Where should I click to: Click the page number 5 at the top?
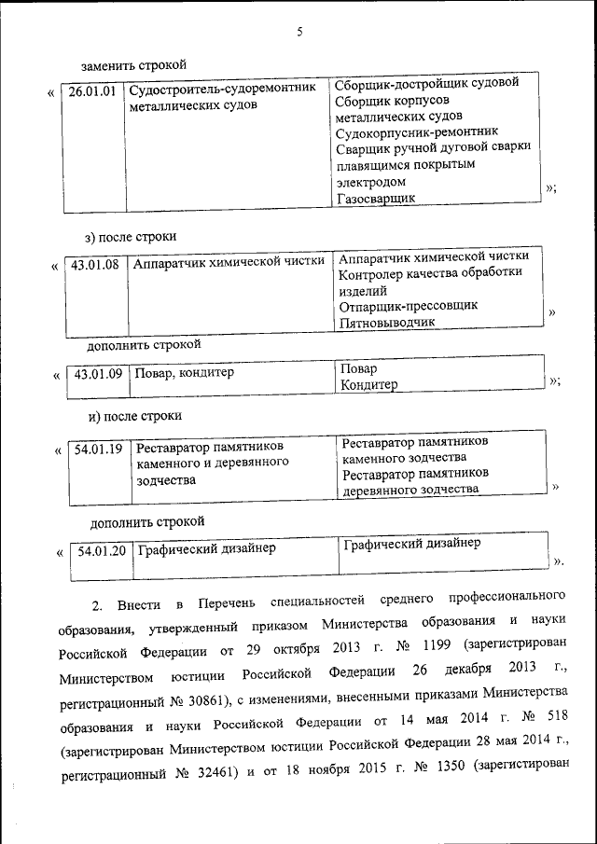299,32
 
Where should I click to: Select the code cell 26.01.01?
93,91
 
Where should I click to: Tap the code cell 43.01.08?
97,265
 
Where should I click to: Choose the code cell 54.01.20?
102,550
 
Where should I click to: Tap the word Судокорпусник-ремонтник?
416,131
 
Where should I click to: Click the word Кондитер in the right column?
369,385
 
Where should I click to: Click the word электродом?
370,181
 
